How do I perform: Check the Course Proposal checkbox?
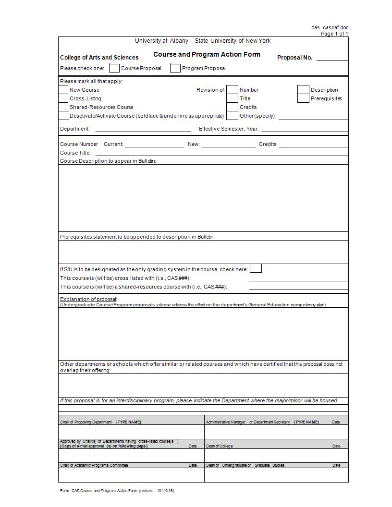point(114,68)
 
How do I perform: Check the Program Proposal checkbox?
point(175,68)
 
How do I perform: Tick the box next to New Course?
point(63,90)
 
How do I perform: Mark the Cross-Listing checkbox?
point(63,98)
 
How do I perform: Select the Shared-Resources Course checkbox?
point(63,107)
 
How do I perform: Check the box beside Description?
point(303,90)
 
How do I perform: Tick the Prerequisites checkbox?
point(303,98)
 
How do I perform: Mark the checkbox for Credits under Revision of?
point(232,107)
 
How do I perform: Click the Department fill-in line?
point(143,129)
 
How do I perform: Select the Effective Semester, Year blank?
point(305,129)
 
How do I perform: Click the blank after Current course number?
point(155,145)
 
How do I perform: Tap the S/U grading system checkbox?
point(256,268)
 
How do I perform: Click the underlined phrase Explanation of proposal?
point(88,299)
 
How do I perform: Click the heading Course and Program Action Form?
point(207,55)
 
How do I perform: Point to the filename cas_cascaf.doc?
point(330,28)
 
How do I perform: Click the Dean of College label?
point(219,446)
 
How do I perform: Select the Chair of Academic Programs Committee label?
point(94,465)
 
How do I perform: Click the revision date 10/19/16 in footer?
point(165,491)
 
